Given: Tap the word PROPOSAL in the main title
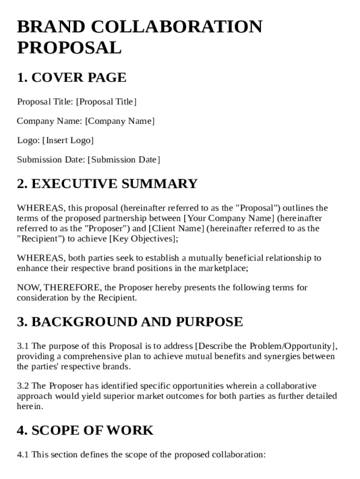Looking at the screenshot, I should point(69,47).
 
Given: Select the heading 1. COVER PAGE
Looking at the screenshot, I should point(72,78).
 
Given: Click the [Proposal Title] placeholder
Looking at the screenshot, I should point(106,102).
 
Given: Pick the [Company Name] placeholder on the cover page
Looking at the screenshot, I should point(120,121).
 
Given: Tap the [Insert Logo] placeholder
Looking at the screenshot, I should point(68,140).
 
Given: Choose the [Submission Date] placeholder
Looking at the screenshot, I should point(123,160).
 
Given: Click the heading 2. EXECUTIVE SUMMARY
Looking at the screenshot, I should point(107,183).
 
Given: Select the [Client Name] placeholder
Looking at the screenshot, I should point(176,229).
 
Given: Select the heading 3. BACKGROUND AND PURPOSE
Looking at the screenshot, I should point(130,322).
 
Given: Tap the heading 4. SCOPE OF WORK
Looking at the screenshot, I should point(85,430).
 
